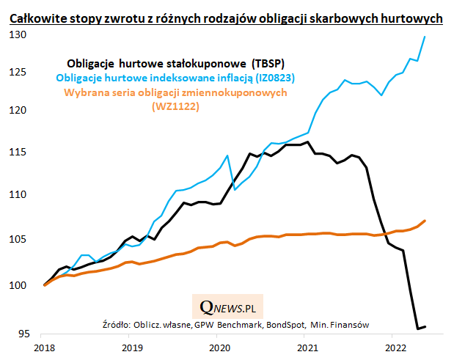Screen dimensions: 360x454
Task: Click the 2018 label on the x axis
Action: pos(44,348)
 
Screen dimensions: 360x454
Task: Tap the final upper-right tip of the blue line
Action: pos(425,37)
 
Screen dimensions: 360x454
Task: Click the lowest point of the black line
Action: pos(418,328)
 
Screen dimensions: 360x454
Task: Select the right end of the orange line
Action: pos(425,221)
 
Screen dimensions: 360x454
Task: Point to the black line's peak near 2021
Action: pos(308,142)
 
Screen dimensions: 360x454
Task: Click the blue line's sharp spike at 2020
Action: pos(227,155)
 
